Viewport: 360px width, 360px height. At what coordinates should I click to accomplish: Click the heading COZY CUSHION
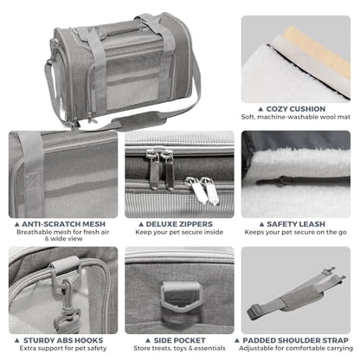point(296,109)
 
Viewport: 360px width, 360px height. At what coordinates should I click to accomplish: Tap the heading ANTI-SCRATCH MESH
point(63,224)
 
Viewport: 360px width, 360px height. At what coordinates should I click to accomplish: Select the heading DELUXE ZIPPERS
point(179,224)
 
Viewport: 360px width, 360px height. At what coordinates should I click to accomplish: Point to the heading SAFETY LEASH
point(296,224)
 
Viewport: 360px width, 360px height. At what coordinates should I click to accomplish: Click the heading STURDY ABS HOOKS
point(63,340)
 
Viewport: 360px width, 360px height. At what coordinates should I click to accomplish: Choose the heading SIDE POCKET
point(179,340)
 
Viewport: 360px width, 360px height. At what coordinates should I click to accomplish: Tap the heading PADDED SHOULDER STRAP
point(295,340)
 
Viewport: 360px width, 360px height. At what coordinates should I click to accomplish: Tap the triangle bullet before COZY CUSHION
point(260,109)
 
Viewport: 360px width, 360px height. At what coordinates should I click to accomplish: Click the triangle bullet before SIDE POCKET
point(148,341)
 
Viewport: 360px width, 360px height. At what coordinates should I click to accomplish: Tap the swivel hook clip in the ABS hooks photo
point(67,305)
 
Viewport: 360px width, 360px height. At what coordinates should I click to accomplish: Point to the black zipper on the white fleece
point(300,181)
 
